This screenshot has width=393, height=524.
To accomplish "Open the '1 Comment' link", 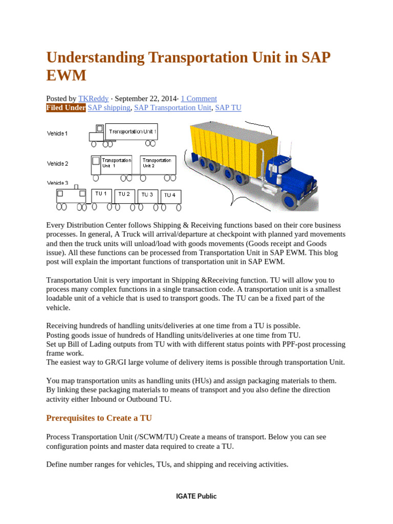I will (199, 99).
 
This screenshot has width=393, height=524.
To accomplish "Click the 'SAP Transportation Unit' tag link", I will (172, 108).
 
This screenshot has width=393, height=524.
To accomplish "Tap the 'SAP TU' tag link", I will (228, 108).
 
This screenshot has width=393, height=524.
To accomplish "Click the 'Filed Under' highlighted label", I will (66, 108).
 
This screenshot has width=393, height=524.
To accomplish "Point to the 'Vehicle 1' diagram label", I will (57, 134).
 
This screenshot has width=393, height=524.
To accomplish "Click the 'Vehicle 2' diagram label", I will (57, 164).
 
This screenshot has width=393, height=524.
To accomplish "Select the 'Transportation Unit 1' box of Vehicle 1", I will (132, 132).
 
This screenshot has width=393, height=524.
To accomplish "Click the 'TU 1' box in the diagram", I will (101, 195).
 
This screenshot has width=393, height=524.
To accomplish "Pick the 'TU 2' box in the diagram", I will (124, 195).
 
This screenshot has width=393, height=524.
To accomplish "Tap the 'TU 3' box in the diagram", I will (147, 195).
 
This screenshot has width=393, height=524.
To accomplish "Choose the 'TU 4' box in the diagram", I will (170, 196).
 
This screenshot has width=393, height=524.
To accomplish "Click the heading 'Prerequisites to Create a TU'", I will (99, 418).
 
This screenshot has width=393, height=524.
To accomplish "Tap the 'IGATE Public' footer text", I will (196, 496).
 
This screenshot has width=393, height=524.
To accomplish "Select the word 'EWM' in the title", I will (66, 76).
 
